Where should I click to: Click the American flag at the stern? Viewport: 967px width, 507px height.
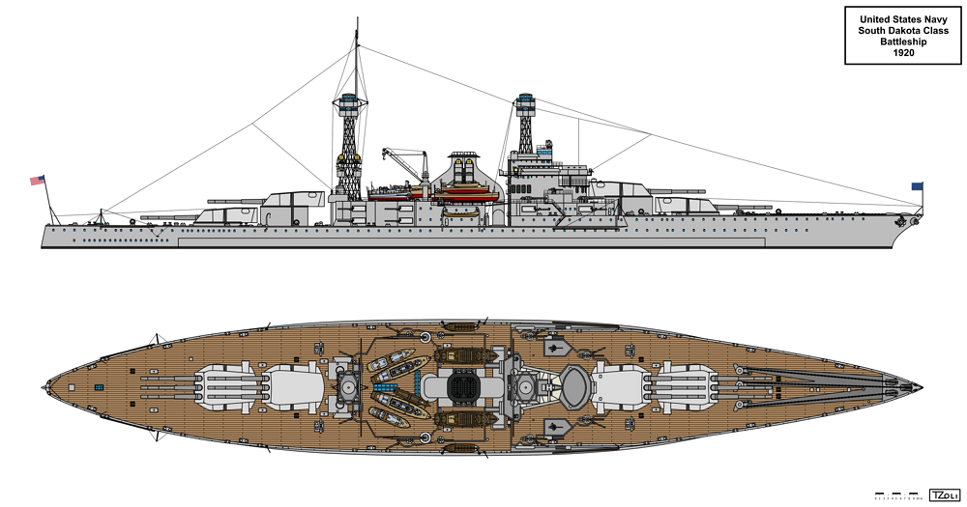tap(38, 180)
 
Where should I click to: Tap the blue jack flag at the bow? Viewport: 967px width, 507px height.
tap(916, 187)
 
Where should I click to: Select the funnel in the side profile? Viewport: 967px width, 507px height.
tap(464, 174)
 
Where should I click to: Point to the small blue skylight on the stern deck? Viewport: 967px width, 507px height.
tap(99, 387)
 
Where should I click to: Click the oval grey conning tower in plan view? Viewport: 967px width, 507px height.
tap(572, 386)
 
